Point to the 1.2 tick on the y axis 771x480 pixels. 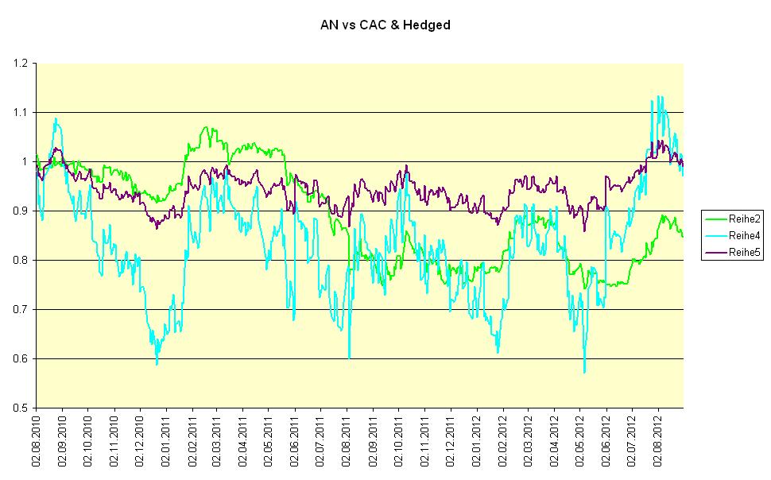[20, 63]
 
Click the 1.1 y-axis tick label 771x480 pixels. [20, 112]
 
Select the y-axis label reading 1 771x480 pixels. [24, 161]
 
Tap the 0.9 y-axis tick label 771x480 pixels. [20, 211]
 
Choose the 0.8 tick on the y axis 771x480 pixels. [20, 260]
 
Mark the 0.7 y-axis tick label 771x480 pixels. [20, 309]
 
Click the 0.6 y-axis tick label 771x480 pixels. [20, 358]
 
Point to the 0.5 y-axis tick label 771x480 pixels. [20, 408]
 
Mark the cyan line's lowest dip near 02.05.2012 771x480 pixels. [584, 372]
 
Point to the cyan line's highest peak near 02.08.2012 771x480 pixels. [653, 99]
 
